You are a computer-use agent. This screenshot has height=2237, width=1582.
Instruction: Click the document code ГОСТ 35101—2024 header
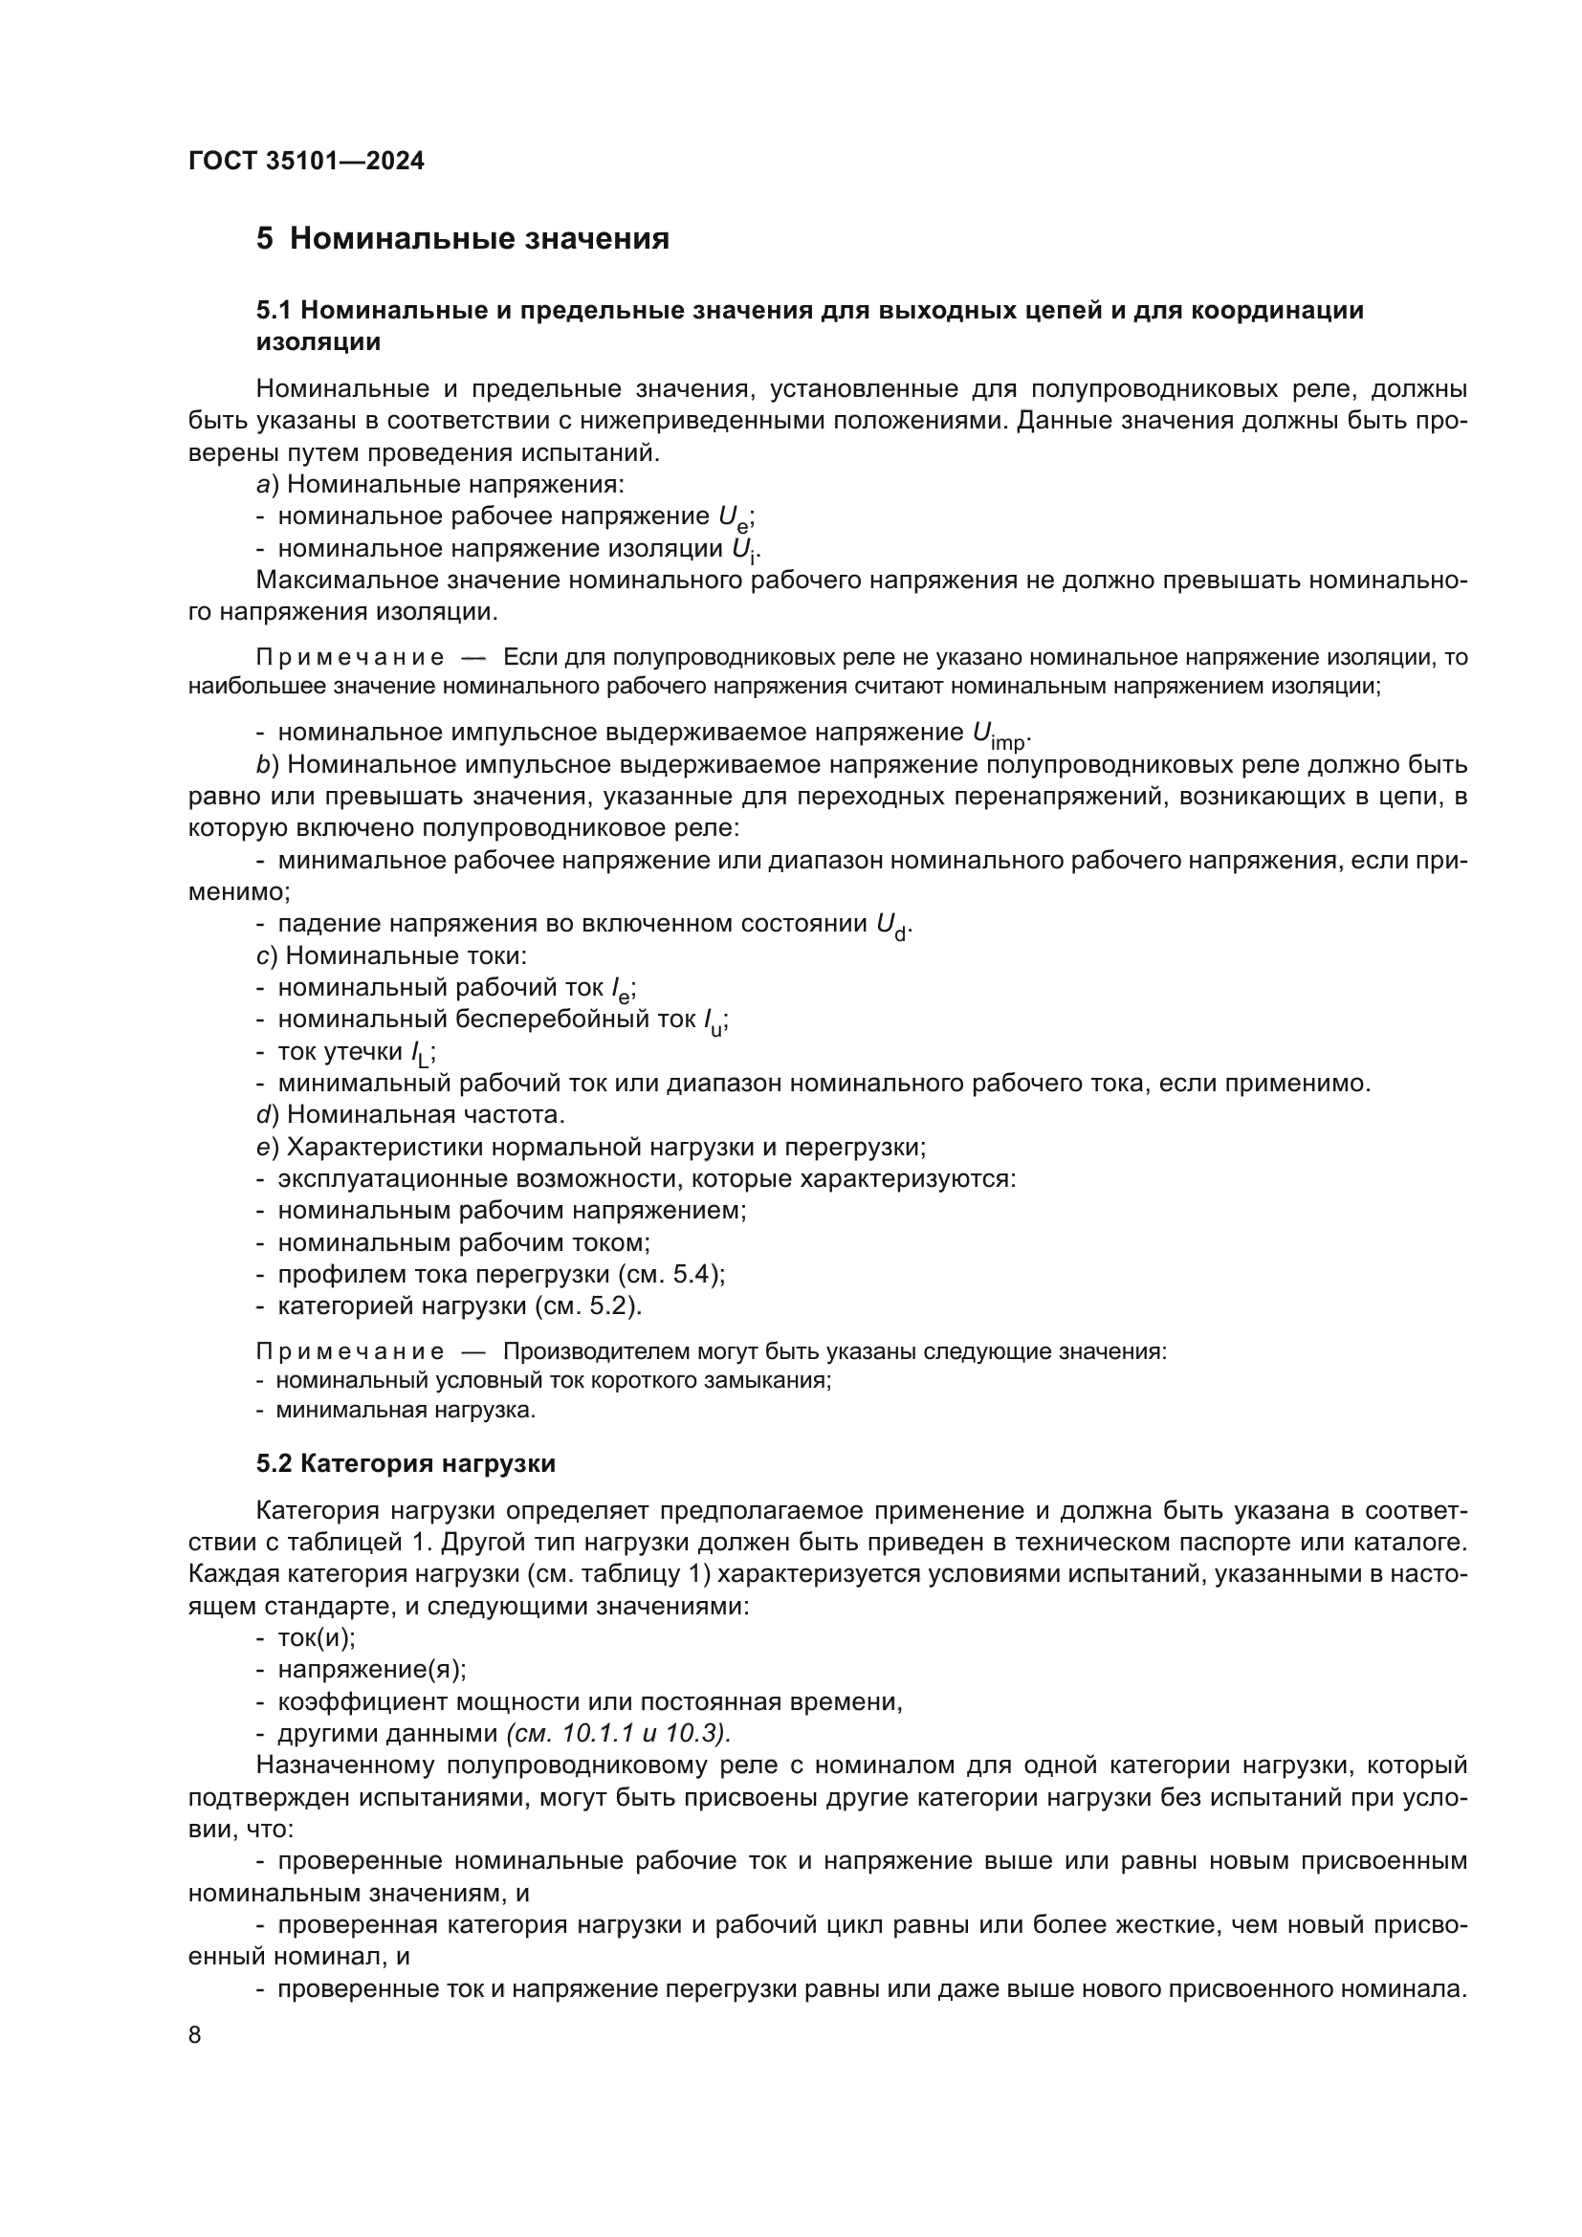[306, 162]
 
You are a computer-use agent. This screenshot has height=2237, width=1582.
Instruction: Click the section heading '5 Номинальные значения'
[462, 239]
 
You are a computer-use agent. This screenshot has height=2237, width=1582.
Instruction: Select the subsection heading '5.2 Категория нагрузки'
[406, 1463]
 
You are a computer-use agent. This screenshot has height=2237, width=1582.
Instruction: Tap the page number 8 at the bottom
[195, 2035]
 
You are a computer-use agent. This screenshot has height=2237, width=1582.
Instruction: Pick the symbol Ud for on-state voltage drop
[892, 926]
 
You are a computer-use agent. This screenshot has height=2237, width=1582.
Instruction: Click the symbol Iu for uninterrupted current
[714, 1022]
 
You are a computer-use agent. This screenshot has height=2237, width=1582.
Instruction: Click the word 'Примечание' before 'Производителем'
[350, 1351]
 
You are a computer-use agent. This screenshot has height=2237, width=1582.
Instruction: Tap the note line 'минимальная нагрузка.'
[406, 1410]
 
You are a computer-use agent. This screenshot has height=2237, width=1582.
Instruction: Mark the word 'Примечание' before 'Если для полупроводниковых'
[350, 658]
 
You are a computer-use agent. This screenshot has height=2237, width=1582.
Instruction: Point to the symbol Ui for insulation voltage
[745, 551]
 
